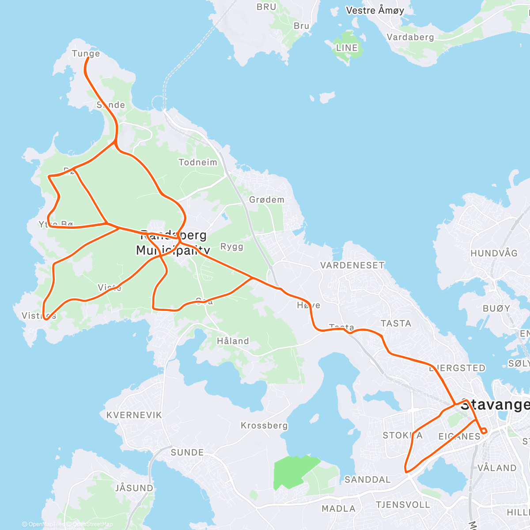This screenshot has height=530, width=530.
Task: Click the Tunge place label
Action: click(86, 54)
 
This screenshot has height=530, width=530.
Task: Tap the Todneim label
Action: click(198, 163)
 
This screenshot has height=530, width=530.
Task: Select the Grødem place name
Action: click(267, 200)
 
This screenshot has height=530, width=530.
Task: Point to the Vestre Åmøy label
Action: click(375, 11)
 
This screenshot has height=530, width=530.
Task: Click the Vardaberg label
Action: click(410, 37)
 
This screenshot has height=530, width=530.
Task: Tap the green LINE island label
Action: click(347, 48)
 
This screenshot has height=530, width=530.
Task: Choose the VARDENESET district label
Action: click(352, 265)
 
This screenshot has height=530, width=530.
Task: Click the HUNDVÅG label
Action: click(494, 254)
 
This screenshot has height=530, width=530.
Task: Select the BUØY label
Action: click(496, 308)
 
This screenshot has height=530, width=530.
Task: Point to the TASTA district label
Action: click(396, 323)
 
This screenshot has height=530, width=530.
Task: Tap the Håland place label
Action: click(233, 341)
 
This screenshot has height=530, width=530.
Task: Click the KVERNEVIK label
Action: click(134, 415)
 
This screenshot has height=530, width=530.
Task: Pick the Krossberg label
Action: click(264, 426)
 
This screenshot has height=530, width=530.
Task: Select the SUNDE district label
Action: click(187, 453)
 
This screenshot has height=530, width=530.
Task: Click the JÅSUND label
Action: click(134, 488)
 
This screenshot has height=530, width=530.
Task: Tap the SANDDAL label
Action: click(367, 480)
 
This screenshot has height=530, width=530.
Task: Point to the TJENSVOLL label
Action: click(403, 504)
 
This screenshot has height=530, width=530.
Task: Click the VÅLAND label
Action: click(497, 468)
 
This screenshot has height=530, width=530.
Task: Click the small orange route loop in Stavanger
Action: click(484, 431)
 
